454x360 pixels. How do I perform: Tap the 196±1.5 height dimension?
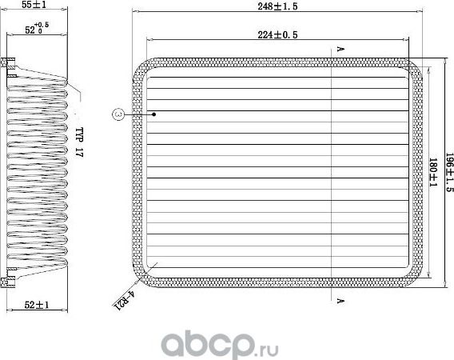click(449, 172)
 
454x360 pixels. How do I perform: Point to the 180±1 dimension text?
click(432, 173)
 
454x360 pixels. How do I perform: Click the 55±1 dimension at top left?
click(33, 5)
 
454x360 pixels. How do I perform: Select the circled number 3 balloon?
click(117, 114)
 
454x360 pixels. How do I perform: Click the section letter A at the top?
click(340, 50)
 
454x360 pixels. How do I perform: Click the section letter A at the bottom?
click(340, 301)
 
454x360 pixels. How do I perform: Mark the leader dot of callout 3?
click(154, 114)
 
